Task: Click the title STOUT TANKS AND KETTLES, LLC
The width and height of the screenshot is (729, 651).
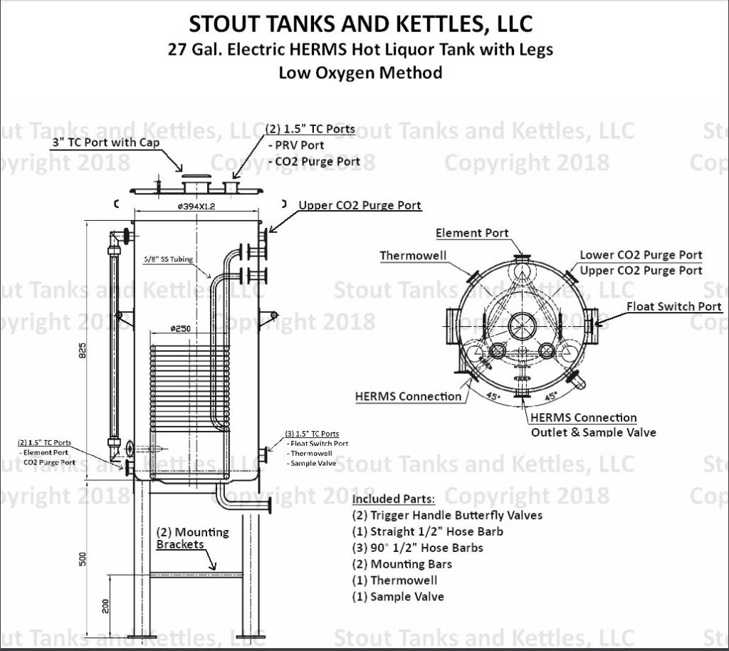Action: pos(360,24)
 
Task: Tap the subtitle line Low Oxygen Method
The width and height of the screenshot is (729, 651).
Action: pos(360,72)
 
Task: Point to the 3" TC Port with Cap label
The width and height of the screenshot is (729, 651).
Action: pos(105,142)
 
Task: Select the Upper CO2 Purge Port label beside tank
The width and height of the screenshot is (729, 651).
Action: pos(360,205)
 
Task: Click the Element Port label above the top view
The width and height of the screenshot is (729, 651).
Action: pos(472,233)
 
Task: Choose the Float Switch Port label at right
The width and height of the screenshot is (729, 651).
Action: pos(674,306)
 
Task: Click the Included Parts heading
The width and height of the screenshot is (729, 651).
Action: pos(394,498)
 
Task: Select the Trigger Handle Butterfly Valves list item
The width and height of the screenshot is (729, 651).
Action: pos(447,515)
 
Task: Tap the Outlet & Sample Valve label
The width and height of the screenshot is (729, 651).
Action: pos(594,432)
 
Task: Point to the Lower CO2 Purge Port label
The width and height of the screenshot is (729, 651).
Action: pos(640,254)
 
